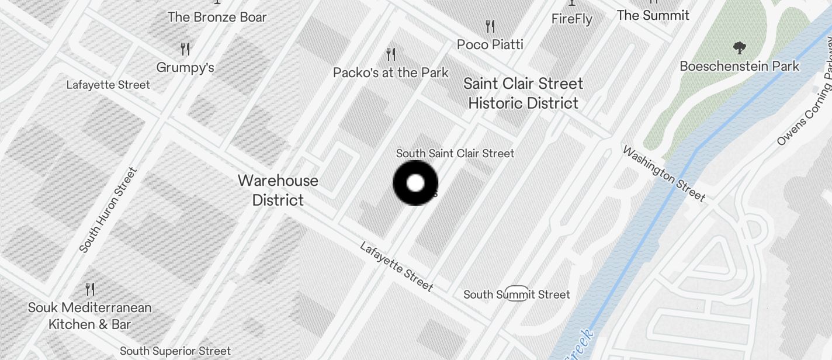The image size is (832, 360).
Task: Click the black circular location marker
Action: [x=415, y=183]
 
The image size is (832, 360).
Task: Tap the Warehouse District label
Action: [x=278, y=190]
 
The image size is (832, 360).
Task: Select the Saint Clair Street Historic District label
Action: [x=524, y=94]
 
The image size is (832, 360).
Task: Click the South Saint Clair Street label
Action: [x=455, y=153]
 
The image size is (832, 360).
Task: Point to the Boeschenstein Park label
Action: [x=739, y=66]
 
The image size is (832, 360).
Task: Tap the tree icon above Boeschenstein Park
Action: [x=739, y=48]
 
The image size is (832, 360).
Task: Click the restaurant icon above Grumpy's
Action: [x=185, y=49]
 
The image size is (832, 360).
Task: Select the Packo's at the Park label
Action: [x=390, y=72]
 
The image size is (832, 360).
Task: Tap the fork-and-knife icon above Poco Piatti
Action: [x=490, y=26]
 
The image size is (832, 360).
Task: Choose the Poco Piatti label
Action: [x=490, y=44]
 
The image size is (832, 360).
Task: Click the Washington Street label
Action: [x=664, y=174]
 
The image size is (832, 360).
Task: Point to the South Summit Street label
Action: [x=516, y=295]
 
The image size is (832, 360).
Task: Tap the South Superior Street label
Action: [x=175, y=351]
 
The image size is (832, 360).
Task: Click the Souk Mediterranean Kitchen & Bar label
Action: [x=90, y=316]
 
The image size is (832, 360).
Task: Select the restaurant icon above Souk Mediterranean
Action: [x=90, y=289]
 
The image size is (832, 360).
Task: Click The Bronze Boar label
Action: [x=217, y=17]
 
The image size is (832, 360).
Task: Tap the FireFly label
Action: [x=572, y=19]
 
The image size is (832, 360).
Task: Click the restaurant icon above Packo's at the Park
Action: [x=391, y=54]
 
